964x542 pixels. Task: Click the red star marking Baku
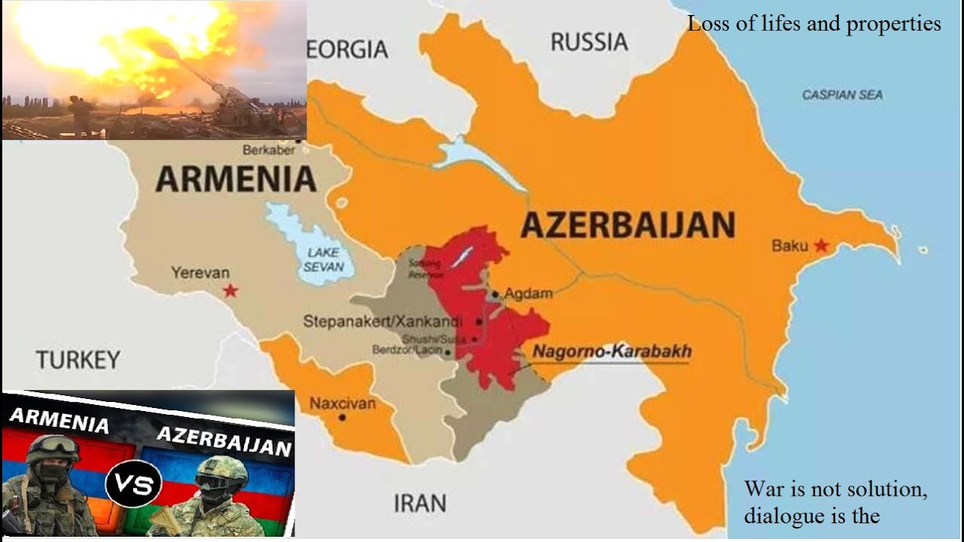821,245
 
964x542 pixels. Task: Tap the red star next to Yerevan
230,291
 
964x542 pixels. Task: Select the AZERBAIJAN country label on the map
627,225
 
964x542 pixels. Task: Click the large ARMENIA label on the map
236,179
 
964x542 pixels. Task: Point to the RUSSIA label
589,42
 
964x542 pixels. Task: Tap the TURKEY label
78,360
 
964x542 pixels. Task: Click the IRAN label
419,502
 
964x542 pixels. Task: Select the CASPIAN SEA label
842,95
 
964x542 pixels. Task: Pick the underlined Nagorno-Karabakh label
612,352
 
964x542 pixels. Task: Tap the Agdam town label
528,294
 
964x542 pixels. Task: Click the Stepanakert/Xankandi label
383,321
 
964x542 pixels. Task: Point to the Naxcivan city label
342,403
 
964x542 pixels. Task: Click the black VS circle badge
133,483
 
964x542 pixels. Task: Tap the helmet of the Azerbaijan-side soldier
221,470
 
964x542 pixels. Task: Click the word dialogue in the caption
788,516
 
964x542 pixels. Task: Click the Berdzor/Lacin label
407,350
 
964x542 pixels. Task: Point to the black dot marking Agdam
495,294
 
